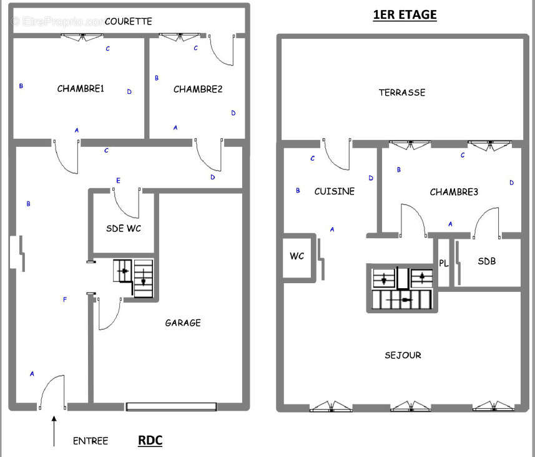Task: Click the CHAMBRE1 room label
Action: click(x=81, y=89)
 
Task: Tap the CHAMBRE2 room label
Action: click(x=198, y=89)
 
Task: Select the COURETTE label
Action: click(x=129, y=21)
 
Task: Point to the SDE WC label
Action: click(x=124, y=228)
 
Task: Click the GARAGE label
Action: click(x=183, y=323)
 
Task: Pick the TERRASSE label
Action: click(x=402, y=93)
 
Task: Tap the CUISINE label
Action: click(x=335, y=191)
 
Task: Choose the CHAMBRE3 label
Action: click(x=454, y=192)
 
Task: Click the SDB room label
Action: click(x=487, y=261)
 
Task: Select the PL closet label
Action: click(x=443, y=263)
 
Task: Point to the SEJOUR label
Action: click(x=403, y=355)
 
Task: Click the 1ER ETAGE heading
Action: click(x=405, y=15)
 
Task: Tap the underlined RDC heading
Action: click(x=150, y=440)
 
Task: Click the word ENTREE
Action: click(x=91, y=441)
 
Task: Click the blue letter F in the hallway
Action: click(x=65, y=300)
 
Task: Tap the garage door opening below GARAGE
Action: click(x=172, y=406)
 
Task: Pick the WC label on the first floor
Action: click(x=297, y=256)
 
